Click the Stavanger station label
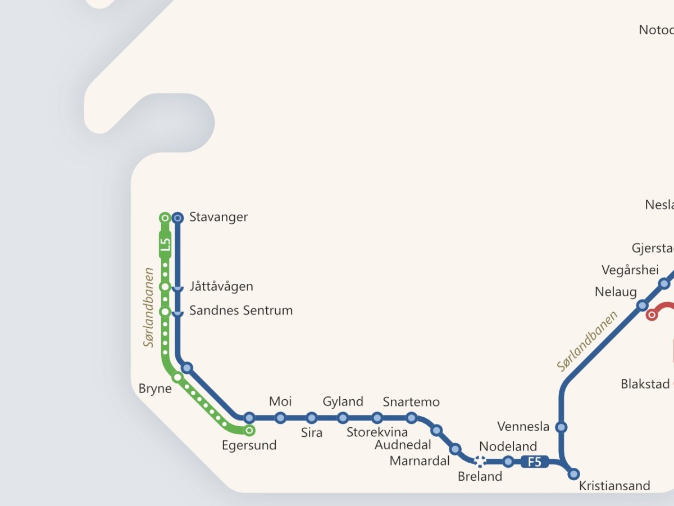218,217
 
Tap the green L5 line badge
165,245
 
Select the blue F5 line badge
534,462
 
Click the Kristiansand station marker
573,474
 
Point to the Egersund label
249,445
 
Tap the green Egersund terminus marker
249,431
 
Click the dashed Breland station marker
480,462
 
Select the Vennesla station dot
561,427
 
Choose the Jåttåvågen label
221,286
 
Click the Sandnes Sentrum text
241,310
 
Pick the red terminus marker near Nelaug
652,315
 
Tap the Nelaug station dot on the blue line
642,305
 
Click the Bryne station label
155,388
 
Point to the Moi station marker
280,418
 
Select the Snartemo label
411,402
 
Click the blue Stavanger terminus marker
177,218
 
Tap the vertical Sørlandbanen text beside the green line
149,307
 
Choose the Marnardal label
420,461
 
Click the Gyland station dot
343,418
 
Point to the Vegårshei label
630,270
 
